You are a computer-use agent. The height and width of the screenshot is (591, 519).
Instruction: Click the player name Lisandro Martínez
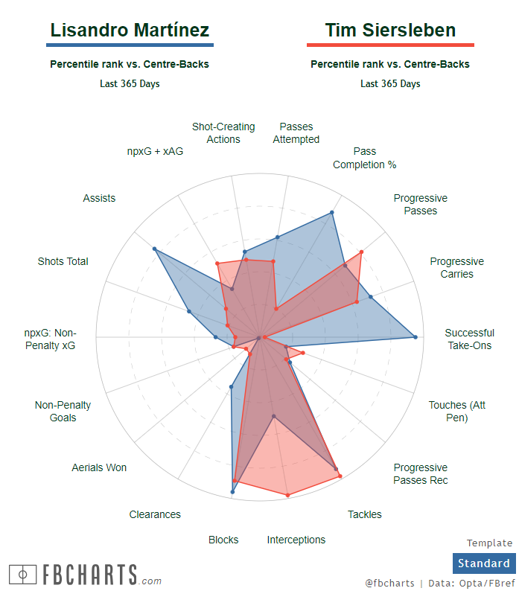130,30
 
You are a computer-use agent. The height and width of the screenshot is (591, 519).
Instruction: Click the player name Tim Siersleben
390,30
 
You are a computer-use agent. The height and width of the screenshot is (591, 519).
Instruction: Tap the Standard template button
483,563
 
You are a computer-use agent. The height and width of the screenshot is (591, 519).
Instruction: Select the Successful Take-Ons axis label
469,339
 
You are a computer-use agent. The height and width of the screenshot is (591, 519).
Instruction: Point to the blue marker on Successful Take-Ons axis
415,337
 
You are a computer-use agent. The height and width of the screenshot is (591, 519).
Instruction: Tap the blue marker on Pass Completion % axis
331,212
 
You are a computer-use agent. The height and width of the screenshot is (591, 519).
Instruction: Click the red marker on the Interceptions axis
287,495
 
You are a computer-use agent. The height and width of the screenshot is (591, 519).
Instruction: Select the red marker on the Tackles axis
340,475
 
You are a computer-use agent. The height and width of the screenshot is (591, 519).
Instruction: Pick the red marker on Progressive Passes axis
361,252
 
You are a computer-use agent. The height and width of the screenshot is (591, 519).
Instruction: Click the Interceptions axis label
296,540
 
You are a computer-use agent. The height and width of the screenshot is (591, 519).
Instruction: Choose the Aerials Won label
99,467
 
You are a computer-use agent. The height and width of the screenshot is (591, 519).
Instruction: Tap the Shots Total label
63,261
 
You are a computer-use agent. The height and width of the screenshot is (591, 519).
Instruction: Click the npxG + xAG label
155,151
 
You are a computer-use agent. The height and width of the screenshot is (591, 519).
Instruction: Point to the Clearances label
155,514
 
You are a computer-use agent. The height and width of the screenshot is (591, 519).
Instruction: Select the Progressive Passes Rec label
421,473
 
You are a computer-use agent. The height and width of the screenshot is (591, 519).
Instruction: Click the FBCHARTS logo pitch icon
23,575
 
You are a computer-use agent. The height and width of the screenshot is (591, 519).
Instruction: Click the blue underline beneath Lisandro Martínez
130,45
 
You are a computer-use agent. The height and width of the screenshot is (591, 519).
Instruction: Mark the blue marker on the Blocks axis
232,493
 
